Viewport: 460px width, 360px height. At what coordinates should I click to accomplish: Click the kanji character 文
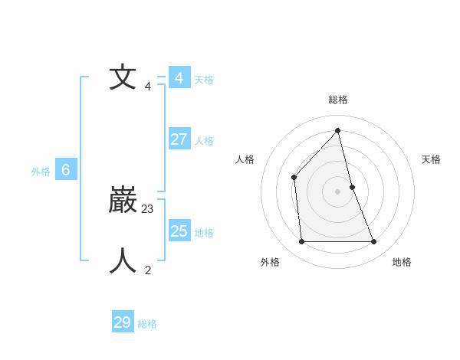point(123,78)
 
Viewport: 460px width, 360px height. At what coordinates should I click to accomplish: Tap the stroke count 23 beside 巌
point(148,208)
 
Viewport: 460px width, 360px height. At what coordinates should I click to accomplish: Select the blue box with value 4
point(179,78)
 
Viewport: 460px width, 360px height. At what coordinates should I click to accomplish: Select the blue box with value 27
point(179,139)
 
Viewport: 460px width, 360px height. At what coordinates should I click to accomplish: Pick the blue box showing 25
point(179,231)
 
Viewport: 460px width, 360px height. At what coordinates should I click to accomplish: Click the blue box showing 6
point(65,170)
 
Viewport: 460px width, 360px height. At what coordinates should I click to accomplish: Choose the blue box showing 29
point(123,322)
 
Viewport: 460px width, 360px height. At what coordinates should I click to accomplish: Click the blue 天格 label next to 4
point(204,79)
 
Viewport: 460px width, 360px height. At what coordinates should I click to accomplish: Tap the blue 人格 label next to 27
point(204,141)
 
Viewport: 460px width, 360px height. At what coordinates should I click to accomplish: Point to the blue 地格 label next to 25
point(204,233)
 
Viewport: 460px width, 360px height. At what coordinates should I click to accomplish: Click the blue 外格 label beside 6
point(41,172)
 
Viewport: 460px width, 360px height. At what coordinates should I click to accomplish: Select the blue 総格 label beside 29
point(147,324)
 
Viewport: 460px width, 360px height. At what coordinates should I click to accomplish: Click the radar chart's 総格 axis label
point(338,100)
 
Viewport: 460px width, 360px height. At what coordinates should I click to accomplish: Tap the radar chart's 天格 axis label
point(431,159)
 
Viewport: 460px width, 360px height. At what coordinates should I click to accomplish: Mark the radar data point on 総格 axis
point(337,130)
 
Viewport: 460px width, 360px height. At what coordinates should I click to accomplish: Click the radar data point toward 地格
point(374,242)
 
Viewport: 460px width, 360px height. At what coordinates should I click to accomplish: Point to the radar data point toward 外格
point(301,242)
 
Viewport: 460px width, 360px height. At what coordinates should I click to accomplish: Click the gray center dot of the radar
point(337,191)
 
